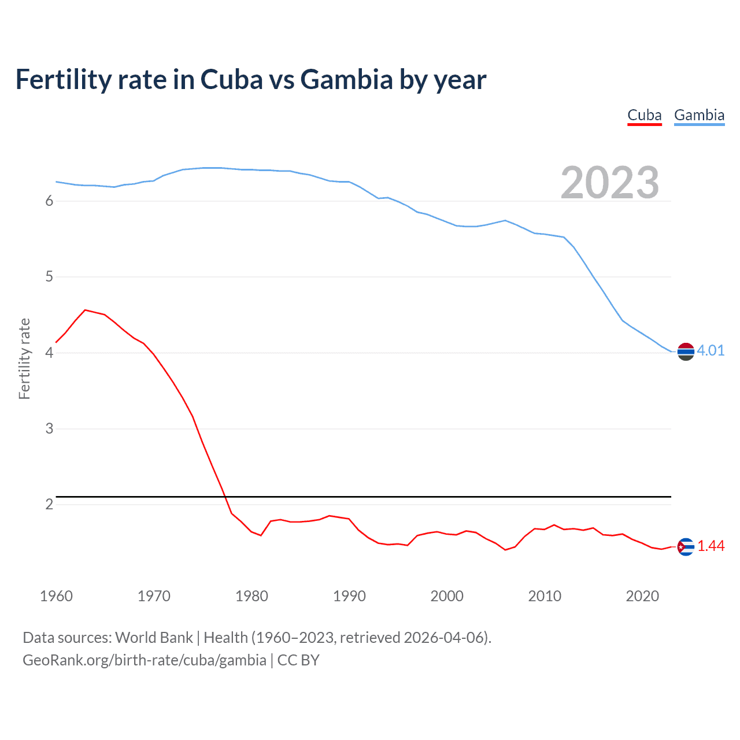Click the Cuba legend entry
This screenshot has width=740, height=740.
point(644,115)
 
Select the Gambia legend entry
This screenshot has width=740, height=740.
point(699,115)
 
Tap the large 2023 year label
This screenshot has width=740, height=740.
point(609,183)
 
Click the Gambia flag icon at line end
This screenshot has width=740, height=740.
point(686,351)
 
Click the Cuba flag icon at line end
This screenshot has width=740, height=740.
point(686,546)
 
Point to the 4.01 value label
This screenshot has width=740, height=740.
point(711,350)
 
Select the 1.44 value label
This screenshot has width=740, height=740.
point(711,546)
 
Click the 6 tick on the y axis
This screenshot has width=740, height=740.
point(49,201)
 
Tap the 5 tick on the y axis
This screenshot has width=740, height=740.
point(49,277)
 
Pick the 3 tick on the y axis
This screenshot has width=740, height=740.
point(49,428)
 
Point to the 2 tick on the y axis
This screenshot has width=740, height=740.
point(49,504)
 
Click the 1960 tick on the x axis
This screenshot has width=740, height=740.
point(56,596)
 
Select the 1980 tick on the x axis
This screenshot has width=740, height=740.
point(251,596)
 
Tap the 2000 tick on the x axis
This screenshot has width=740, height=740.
point(447,596)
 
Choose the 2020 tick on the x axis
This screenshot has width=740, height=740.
point(642,596)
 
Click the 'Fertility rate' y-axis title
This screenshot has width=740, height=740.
point(24,358)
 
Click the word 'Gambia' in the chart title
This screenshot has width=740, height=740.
point(346,79)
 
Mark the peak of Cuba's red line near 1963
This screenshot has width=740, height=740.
point(85,310)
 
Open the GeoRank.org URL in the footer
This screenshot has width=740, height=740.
point(145,660)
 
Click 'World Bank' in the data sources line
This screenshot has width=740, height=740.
point(154,638)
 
